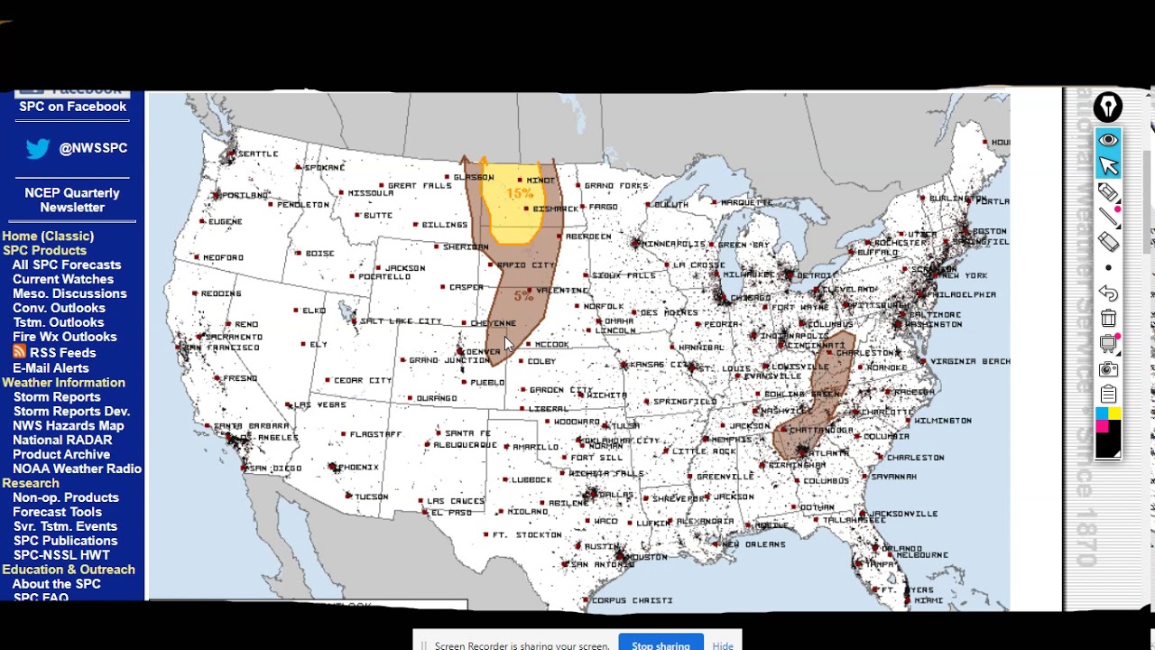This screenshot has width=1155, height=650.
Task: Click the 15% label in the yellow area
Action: pyautogui.click(x=520, y=193)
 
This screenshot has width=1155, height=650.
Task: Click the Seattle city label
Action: pyautogui.click(x=257, y=154)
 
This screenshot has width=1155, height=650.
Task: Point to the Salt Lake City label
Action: pyautogui.click(x=401, y=321)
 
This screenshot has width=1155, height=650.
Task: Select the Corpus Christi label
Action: pyautogui.click(x=633, y=600)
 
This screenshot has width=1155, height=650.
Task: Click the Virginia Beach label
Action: pyautogui.click(x=970, y=361)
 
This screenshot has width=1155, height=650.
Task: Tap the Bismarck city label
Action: pyautogui.click(x=555, y=209)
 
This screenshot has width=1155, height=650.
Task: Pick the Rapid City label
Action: pyautogui.click(x=526, y=265)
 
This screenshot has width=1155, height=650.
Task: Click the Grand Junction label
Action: pyautogui.click(x=449, y=360)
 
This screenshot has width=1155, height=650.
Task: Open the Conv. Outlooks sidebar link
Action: pyautogui.click(x=59, y=308)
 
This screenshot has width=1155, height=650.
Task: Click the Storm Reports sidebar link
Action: pyautogui.click(x=57, y=396)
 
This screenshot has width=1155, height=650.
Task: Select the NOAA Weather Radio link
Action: pyautogui.click(x=77, y=469)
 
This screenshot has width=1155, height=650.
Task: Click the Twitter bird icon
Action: pyautogui.click(x=37, y=148)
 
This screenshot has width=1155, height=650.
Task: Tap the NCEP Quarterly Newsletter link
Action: pyautogui.click(x=72, y=200)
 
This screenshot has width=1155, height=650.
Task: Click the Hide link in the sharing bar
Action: pyautogui.click(x=723, y=645)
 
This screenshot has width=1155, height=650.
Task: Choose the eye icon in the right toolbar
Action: pyautogui.click(x=1108, y=140)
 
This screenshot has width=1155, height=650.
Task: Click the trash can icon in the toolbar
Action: pyautogui.click(x=1108, y=319)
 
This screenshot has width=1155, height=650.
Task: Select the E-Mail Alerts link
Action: pyautogui.click(x=51, y=367)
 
